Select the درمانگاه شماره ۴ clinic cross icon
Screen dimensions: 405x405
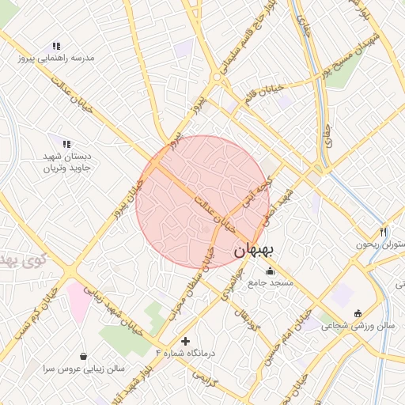(186, 342)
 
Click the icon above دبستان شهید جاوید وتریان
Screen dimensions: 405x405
(66, 144)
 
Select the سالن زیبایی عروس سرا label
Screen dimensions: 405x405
(84, 369)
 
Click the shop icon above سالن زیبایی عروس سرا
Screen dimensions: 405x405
(84, 356)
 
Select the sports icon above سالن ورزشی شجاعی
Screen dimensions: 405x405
(358, 312)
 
